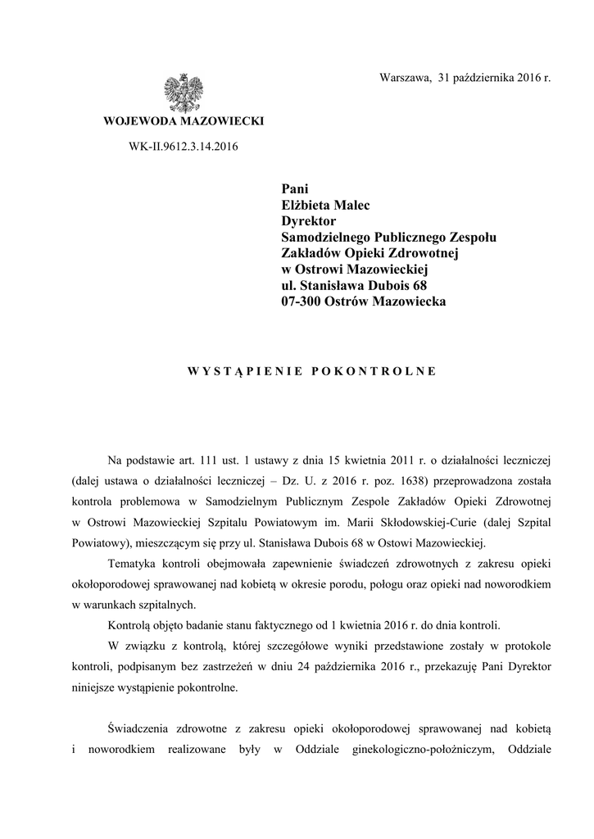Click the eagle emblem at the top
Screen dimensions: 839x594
click(183, 93)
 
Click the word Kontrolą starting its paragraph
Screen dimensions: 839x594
click(131, 625)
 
